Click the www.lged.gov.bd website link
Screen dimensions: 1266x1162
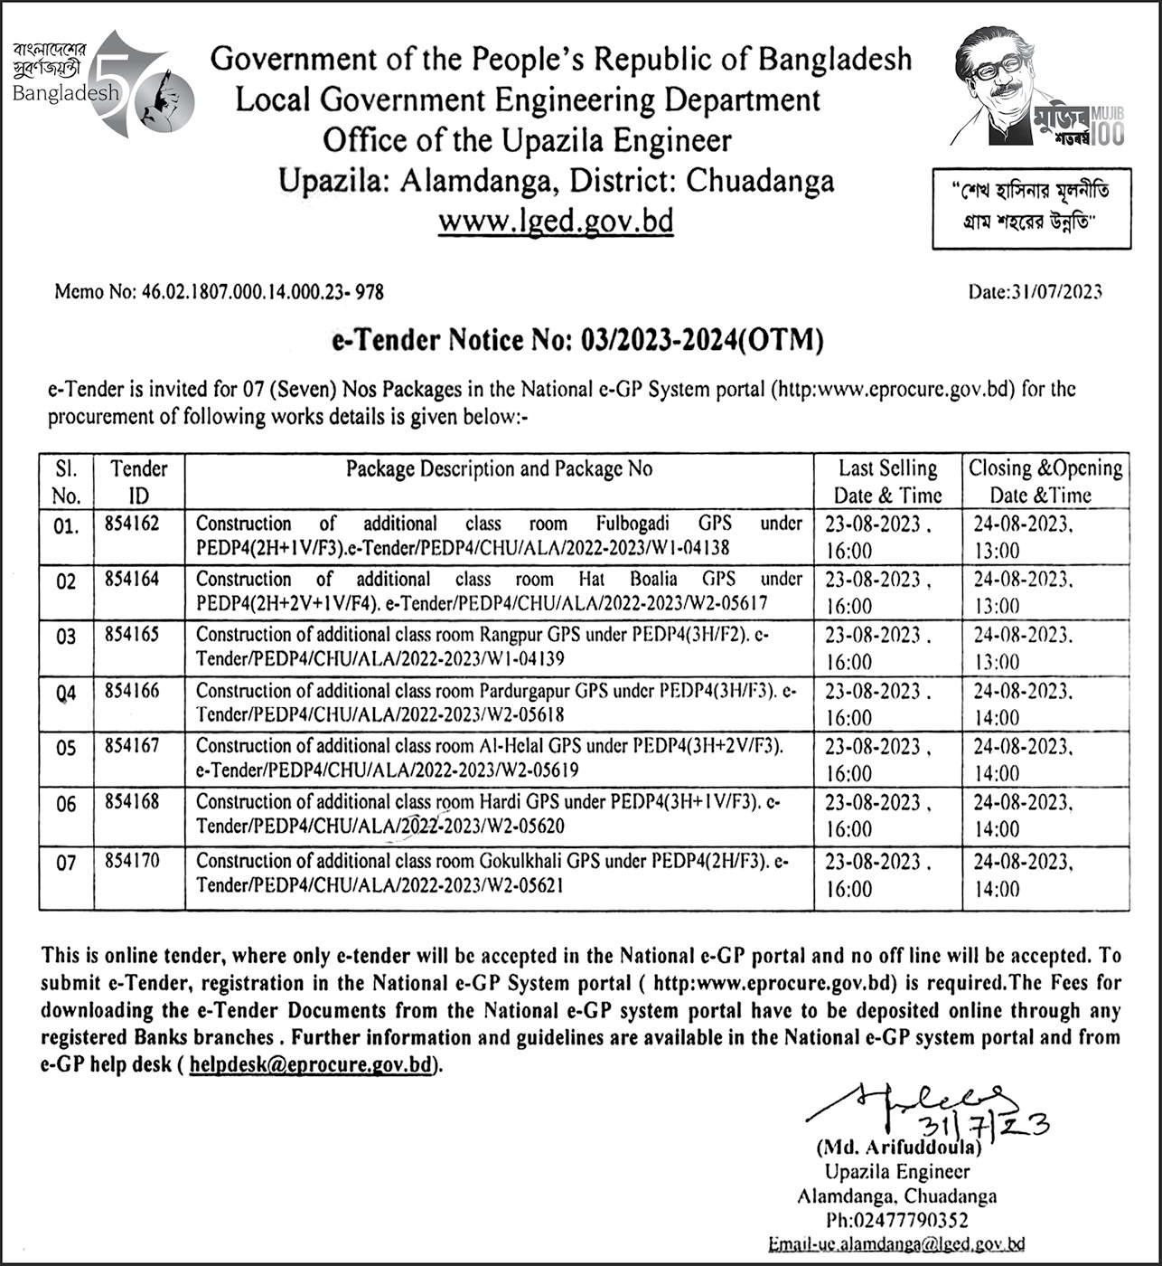pos(556,222)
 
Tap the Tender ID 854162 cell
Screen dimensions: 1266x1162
pos(132,524)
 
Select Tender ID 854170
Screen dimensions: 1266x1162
pos(132,861)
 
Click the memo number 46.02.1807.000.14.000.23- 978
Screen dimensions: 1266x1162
pos(219,292)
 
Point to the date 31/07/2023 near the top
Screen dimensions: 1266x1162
pos(1035,291)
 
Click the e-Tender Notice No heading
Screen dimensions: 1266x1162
pos(578,341)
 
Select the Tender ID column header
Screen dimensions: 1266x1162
pos(139,481)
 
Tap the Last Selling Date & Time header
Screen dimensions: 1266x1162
pos(887,481)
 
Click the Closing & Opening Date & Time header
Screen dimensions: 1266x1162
pos(1045,481)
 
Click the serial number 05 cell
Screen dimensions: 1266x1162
pos(66,749)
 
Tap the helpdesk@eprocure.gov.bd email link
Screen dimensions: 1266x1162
pos(312,1064)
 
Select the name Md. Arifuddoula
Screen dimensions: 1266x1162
pos(897,1148)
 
